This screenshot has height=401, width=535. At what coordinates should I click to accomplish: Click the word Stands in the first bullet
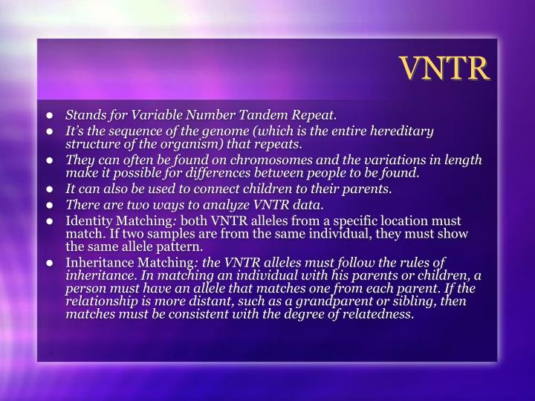click(x=84, y=116)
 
